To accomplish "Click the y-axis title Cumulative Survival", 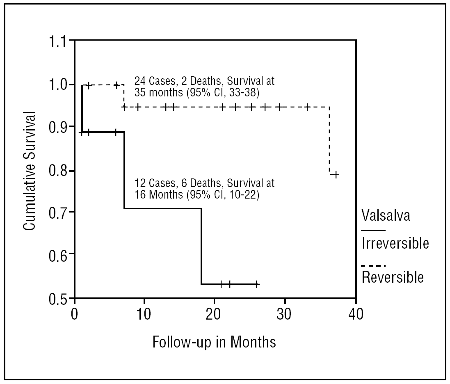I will (29, 170).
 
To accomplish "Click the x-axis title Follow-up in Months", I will (214, 342).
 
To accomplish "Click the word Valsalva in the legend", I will (386, 215).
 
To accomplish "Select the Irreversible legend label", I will (395, 243).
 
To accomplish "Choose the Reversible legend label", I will (392, 277).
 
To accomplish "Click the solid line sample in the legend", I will (373, 230).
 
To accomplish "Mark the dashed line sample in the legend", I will (373, 265).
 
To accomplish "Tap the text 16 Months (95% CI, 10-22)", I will (197, 195).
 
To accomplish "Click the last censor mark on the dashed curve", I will (335, 175).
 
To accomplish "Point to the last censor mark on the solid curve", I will (256, 283).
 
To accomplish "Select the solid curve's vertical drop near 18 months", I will (201, 246).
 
